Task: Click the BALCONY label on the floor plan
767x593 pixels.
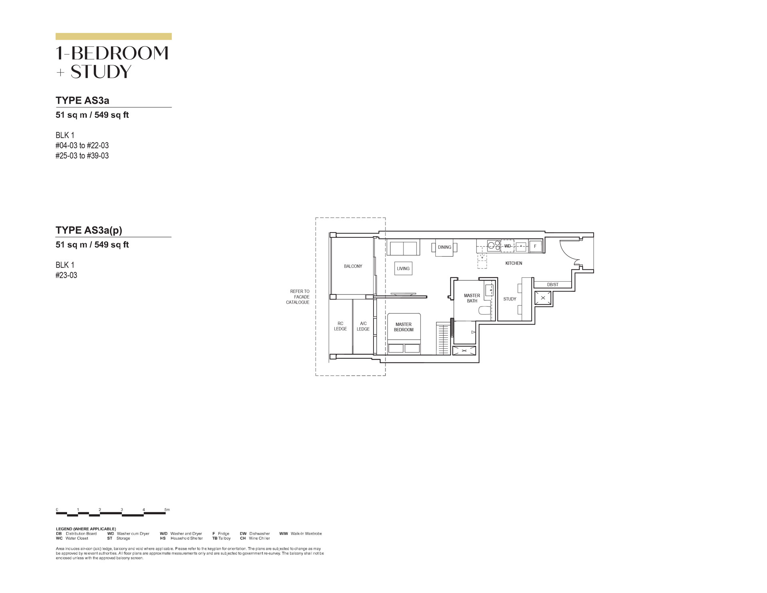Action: [x=353, y=266]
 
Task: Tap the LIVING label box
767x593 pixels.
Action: [x=403, y=269]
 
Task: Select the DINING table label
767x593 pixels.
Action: [x=444, y=247]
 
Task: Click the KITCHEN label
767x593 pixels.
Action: [x=513, y=263]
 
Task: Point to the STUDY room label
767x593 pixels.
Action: [x=509, y=299]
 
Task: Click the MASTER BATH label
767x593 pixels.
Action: [x=472, y=298]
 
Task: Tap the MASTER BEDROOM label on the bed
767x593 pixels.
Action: [x=403, y=327]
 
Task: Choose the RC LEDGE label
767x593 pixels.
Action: [x=340, y=326]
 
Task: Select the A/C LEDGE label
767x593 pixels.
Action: [x=363, y=326]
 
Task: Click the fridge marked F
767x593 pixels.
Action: [x=535, y=247]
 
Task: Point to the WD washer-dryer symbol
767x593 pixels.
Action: [x=507, y=246]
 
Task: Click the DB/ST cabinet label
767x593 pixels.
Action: [x=553, y=285]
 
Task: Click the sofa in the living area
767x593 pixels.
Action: [x=403, y=247]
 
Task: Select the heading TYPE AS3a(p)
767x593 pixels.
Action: [x=89, y=230]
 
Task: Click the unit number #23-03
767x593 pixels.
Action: [x=66, y=275]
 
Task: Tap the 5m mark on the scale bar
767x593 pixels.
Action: [x=167, y=509]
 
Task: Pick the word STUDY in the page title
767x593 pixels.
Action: [x=101, y=72]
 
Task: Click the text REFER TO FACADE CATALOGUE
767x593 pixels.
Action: [x=298, y=297]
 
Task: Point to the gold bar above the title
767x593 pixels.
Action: [x=113, y=36]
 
